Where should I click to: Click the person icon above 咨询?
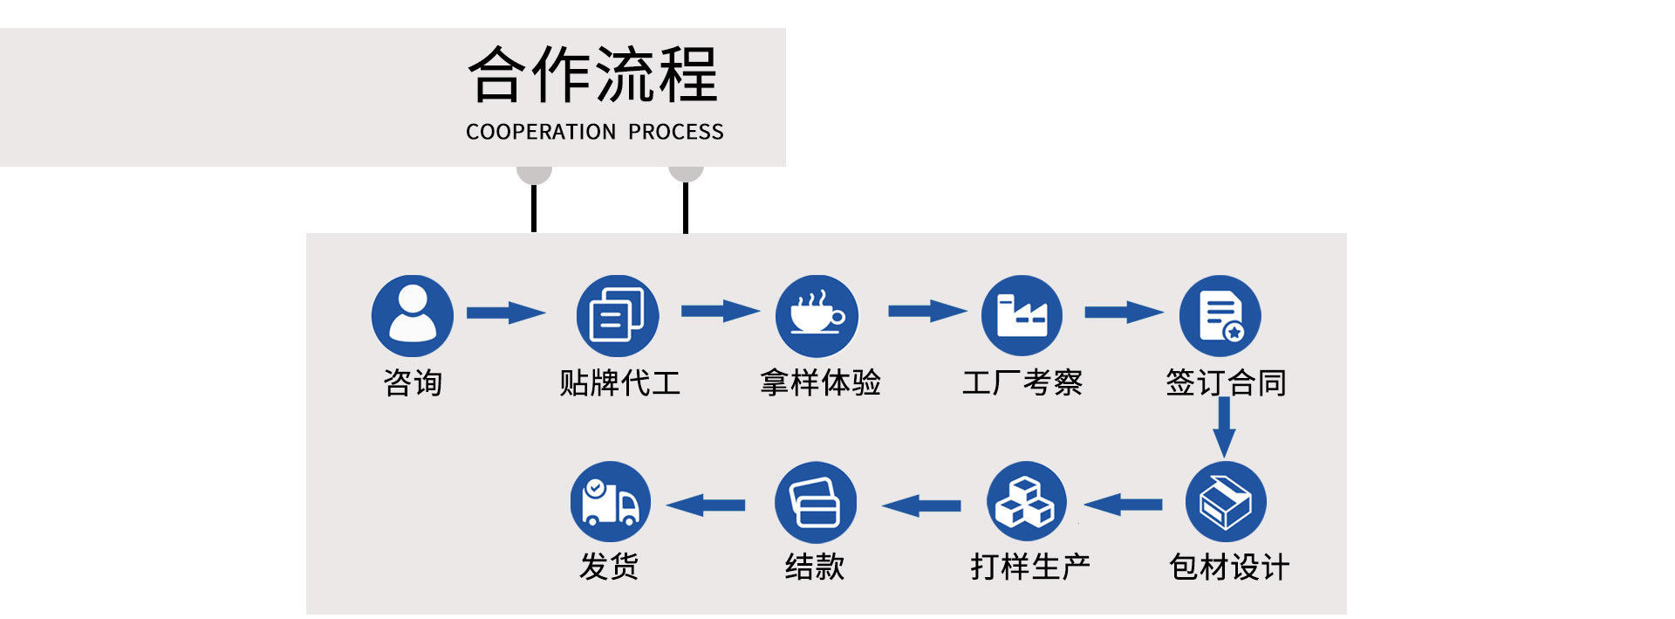point(413,315)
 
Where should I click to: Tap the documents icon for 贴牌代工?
point(618,315)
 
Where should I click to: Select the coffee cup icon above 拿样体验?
point(817,315)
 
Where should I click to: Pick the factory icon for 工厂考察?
point(1022,315)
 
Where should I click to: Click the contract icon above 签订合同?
point(1220,315)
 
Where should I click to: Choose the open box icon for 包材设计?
point(1226,502)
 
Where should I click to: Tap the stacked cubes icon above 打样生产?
point(1027,502)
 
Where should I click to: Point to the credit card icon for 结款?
point(816,502)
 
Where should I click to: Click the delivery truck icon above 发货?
point(611,502)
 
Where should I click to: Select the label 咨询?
point(413,382)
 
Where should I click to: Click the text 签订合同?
point(1226,382)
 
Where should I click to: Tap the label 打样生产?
point(1030,567)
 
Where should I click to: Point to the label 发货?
point(609,567)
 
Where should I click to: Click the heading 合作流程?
point(593,75)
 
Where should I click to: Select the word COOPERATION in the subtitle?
point(541,132)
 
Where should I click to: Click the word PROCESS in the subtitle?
point(676,132)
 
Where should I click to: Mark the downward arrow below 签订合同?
point(1225,427)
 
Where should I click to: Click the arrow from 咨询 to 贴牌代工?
point(506,313)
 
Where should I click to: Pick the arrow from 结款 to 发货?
point(706,505)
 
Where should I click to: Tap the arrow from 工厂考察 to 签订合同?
point(1124,312)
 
